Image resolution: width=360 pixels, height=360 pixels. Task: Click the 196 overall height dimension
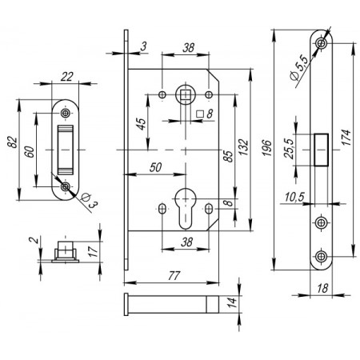pos(267,147)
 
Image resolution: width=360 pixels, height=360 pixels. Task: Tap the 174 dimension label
pos(346,138)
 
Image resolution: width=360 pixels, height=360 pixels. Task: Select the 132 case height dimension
pos(243,147)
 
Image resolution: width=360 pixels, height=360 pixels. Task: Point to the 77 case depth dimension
pos(174,276)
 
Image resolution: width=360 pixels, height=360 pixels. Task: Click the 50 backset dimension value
pos(156,167)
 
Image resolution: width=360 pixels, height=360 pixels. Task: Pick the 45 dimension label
pos(142,124)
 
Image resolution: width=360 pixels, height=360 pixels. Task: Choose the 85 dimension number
pos(228,156)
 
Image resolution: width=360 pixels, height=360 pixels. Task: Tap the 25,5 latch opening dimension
pos(289,149)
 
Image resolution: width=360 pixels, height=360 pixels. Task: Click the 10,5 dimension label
pos(294,197)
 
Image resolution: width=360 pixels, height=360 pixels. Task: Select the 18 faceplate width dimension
pos(322,289)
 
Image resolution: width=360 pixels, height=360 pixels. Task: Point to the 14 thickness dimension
pos(232,302)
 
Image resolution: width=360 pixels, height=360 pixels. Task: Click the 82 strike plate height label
pos(13,142)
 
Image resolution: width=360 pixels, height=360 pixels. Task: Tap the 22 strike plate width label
pos(66,77)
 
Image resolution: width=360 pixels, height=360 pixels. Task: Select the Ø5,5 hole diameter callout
pos(299,68)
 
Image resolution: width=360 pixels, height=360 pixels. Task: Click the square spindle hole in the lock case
pos(186,94)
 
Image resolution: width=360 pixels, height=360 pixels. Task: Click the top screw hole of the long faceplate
pos(322,42)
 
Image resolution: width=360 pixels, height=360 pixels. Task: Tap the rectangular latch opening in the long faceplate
pos(322,150)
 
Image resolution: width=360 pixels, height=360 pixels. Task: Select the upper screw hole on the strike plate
pos(65,113)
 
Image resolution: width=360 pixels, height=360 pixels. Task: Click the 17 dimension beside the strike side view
pos(93,251)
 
